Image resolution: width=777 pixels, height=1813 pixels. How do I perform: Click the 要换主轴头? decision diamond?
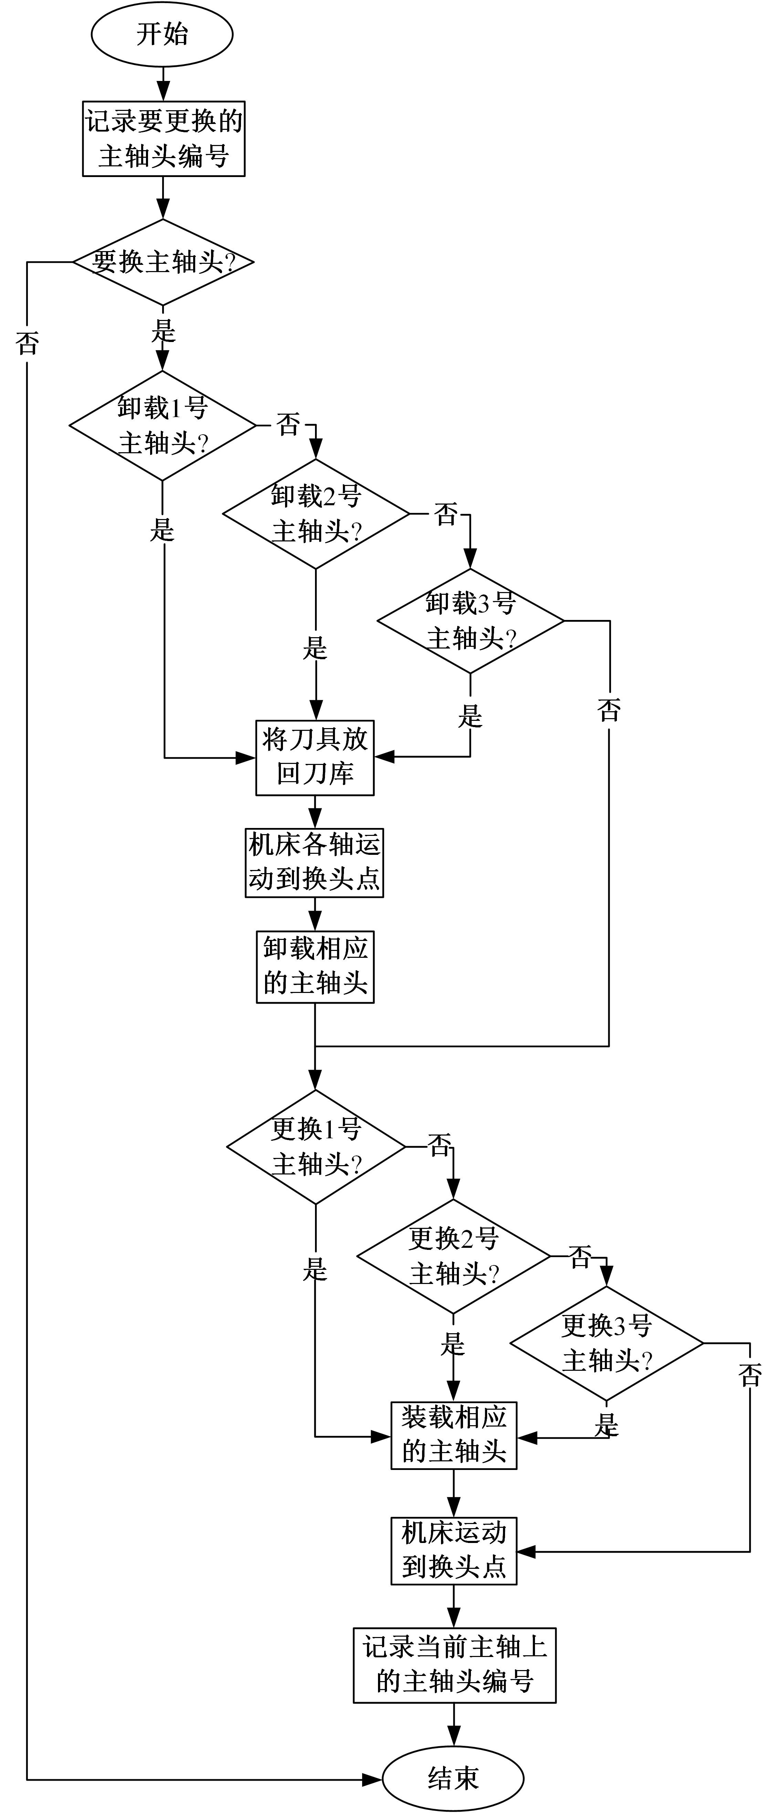coord(163,262)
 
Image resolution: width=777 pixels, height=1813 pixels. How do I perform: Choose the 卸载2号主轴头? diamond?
coord(316,514)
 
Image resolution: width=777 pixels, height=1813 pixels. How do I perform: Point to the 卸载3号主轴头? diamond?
coord(470,621)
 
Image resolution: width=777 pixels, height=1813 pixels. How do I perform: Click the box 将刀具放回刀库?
coord(315,757)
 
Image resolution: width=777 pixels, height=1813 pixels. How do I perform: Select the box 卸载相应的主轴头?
coord(315,966)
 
